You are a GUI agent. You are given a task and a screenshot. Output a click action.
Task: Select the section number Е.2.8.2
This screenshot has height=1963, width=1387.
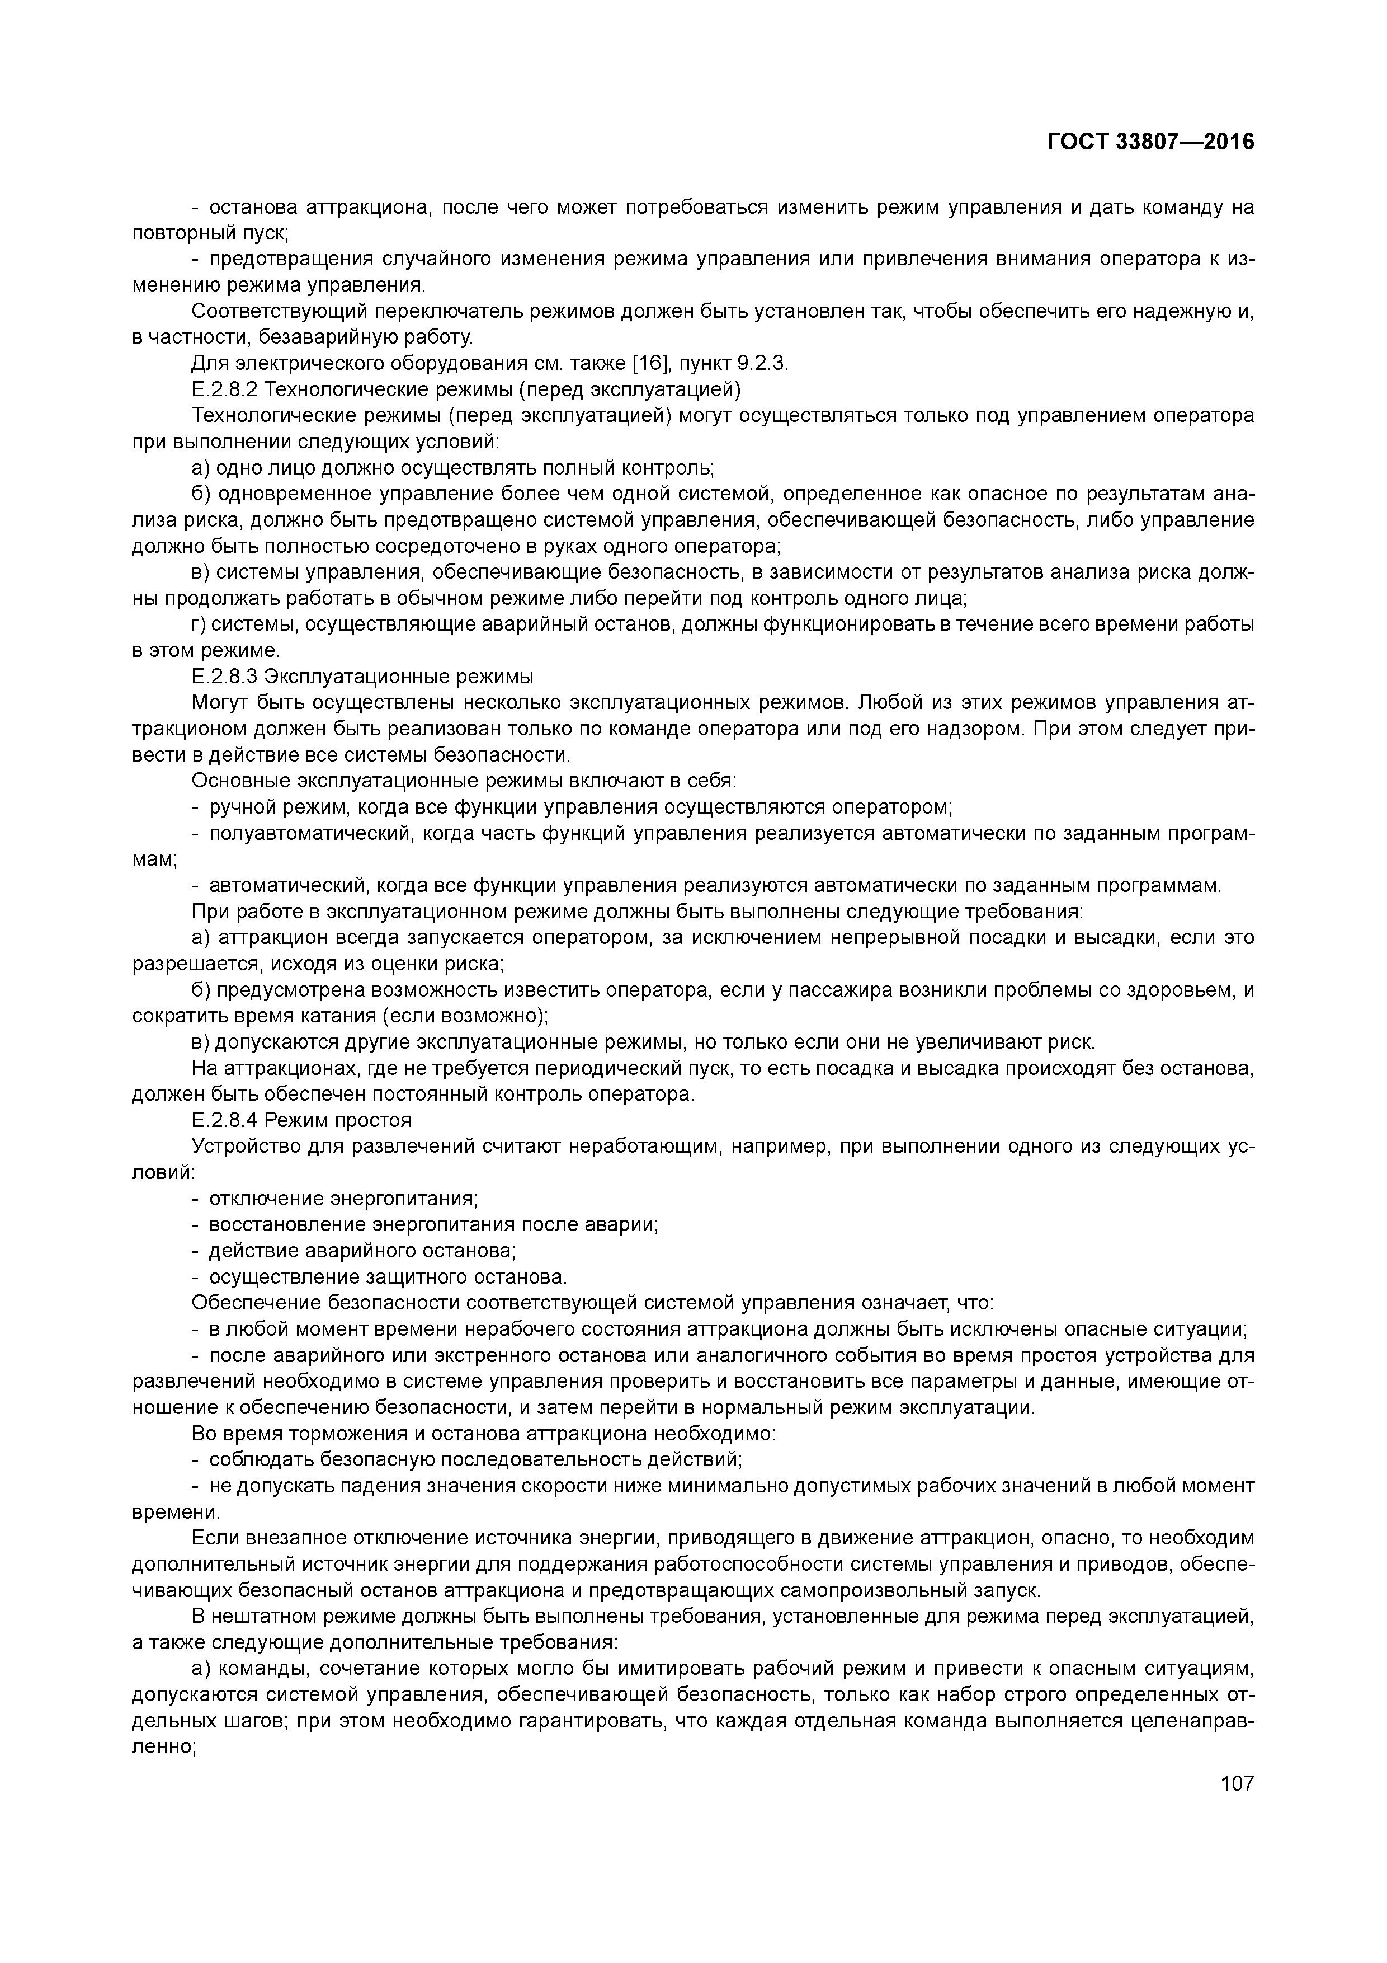coord(225,390)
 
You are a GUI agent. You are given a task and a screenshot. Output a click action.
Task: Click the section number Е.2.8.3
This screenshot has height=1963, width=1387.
coord(225,677)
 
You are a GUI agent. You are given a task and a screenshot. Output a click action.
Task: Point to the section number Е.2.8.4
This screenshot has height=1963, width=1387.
coord(225,1120)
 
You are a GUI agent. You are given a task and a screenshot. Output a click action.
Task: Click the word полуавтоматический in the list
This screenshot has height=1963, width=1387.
coord(300,834)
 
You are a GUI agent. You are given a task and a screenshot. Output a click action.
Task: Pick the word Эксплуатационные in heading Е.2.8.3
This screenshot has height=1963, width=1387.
coord(348,677)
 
